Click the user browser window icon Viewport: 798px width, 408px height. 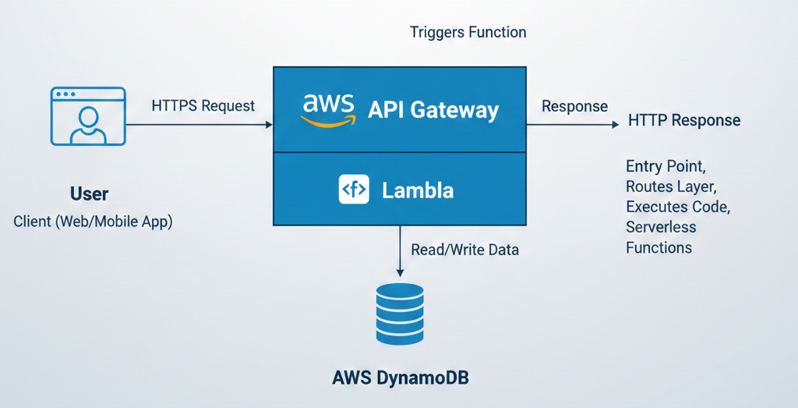(88, 116)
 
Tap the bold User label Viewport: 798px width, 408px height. (89, 193)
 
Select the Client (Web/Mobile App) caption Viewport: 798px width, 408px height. (93, 222)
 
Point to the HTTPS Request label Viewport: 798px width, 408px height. (203, 105)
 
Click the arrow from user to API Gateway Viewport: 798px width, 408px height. (199, 124)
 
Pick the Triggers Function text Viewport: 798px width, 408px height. (468, 33)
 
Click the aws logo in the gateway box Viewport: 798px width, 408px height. (328, 109)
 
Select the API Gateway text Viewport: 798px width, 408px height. (433, 110)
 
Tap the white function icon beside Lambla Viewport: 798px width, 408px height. (354, 190)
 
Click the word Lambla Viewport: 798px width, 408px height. (418, 190)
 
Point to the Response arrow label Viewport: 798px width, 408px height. (574, 106)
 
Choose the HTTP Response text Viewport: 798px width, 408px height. (684, 121)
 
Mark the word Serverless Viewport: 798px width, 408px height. (661, 228)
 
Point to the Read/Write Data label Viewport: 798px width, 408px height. (464, 250)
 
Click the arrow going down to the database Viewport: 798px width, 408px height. (400, 250)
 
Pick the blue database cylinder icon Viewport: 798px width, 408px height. (400, 314)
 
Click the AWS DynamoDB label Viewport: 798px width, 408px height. (401, 379)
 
